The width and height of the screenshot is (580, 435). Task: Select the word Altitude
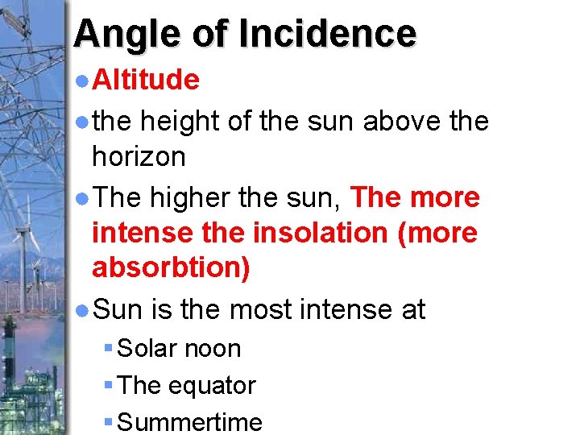click(146, 79)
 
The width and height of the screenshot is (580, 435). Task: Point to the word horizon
click(139, 155)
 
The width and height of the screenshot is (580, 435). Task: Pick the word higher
click(201, 197)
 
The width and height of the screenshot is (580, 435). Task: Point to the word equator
click(212, 386)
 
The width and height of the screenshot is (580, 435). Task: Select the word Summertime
click(190, 421)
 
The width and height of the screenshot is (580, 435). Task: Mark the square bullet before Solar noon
click(109, 349)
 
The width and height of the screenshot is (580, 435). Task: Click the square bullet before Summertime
click(109, 421)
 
